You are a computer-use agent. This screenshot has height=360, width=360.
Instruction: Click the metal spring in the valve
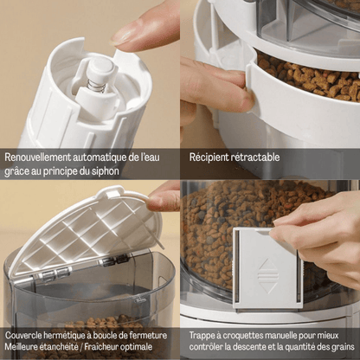tap(96, 86)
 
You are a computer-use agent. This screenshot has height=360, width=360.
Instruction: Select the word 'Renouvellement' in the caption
tap(37, 157)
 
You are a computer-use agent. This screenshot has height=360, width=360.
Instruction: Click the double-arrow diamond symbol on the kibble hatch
tap(268, 276)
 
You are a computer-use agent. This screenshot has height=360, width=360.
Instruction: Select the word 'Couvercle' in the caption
tap(23, 336)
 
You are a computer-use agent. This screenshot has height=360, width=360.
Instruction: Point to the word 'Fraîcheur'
tap(100, 346)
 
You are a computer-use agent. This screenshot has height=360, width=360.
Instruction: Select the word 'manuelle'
tap(280, 336)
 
